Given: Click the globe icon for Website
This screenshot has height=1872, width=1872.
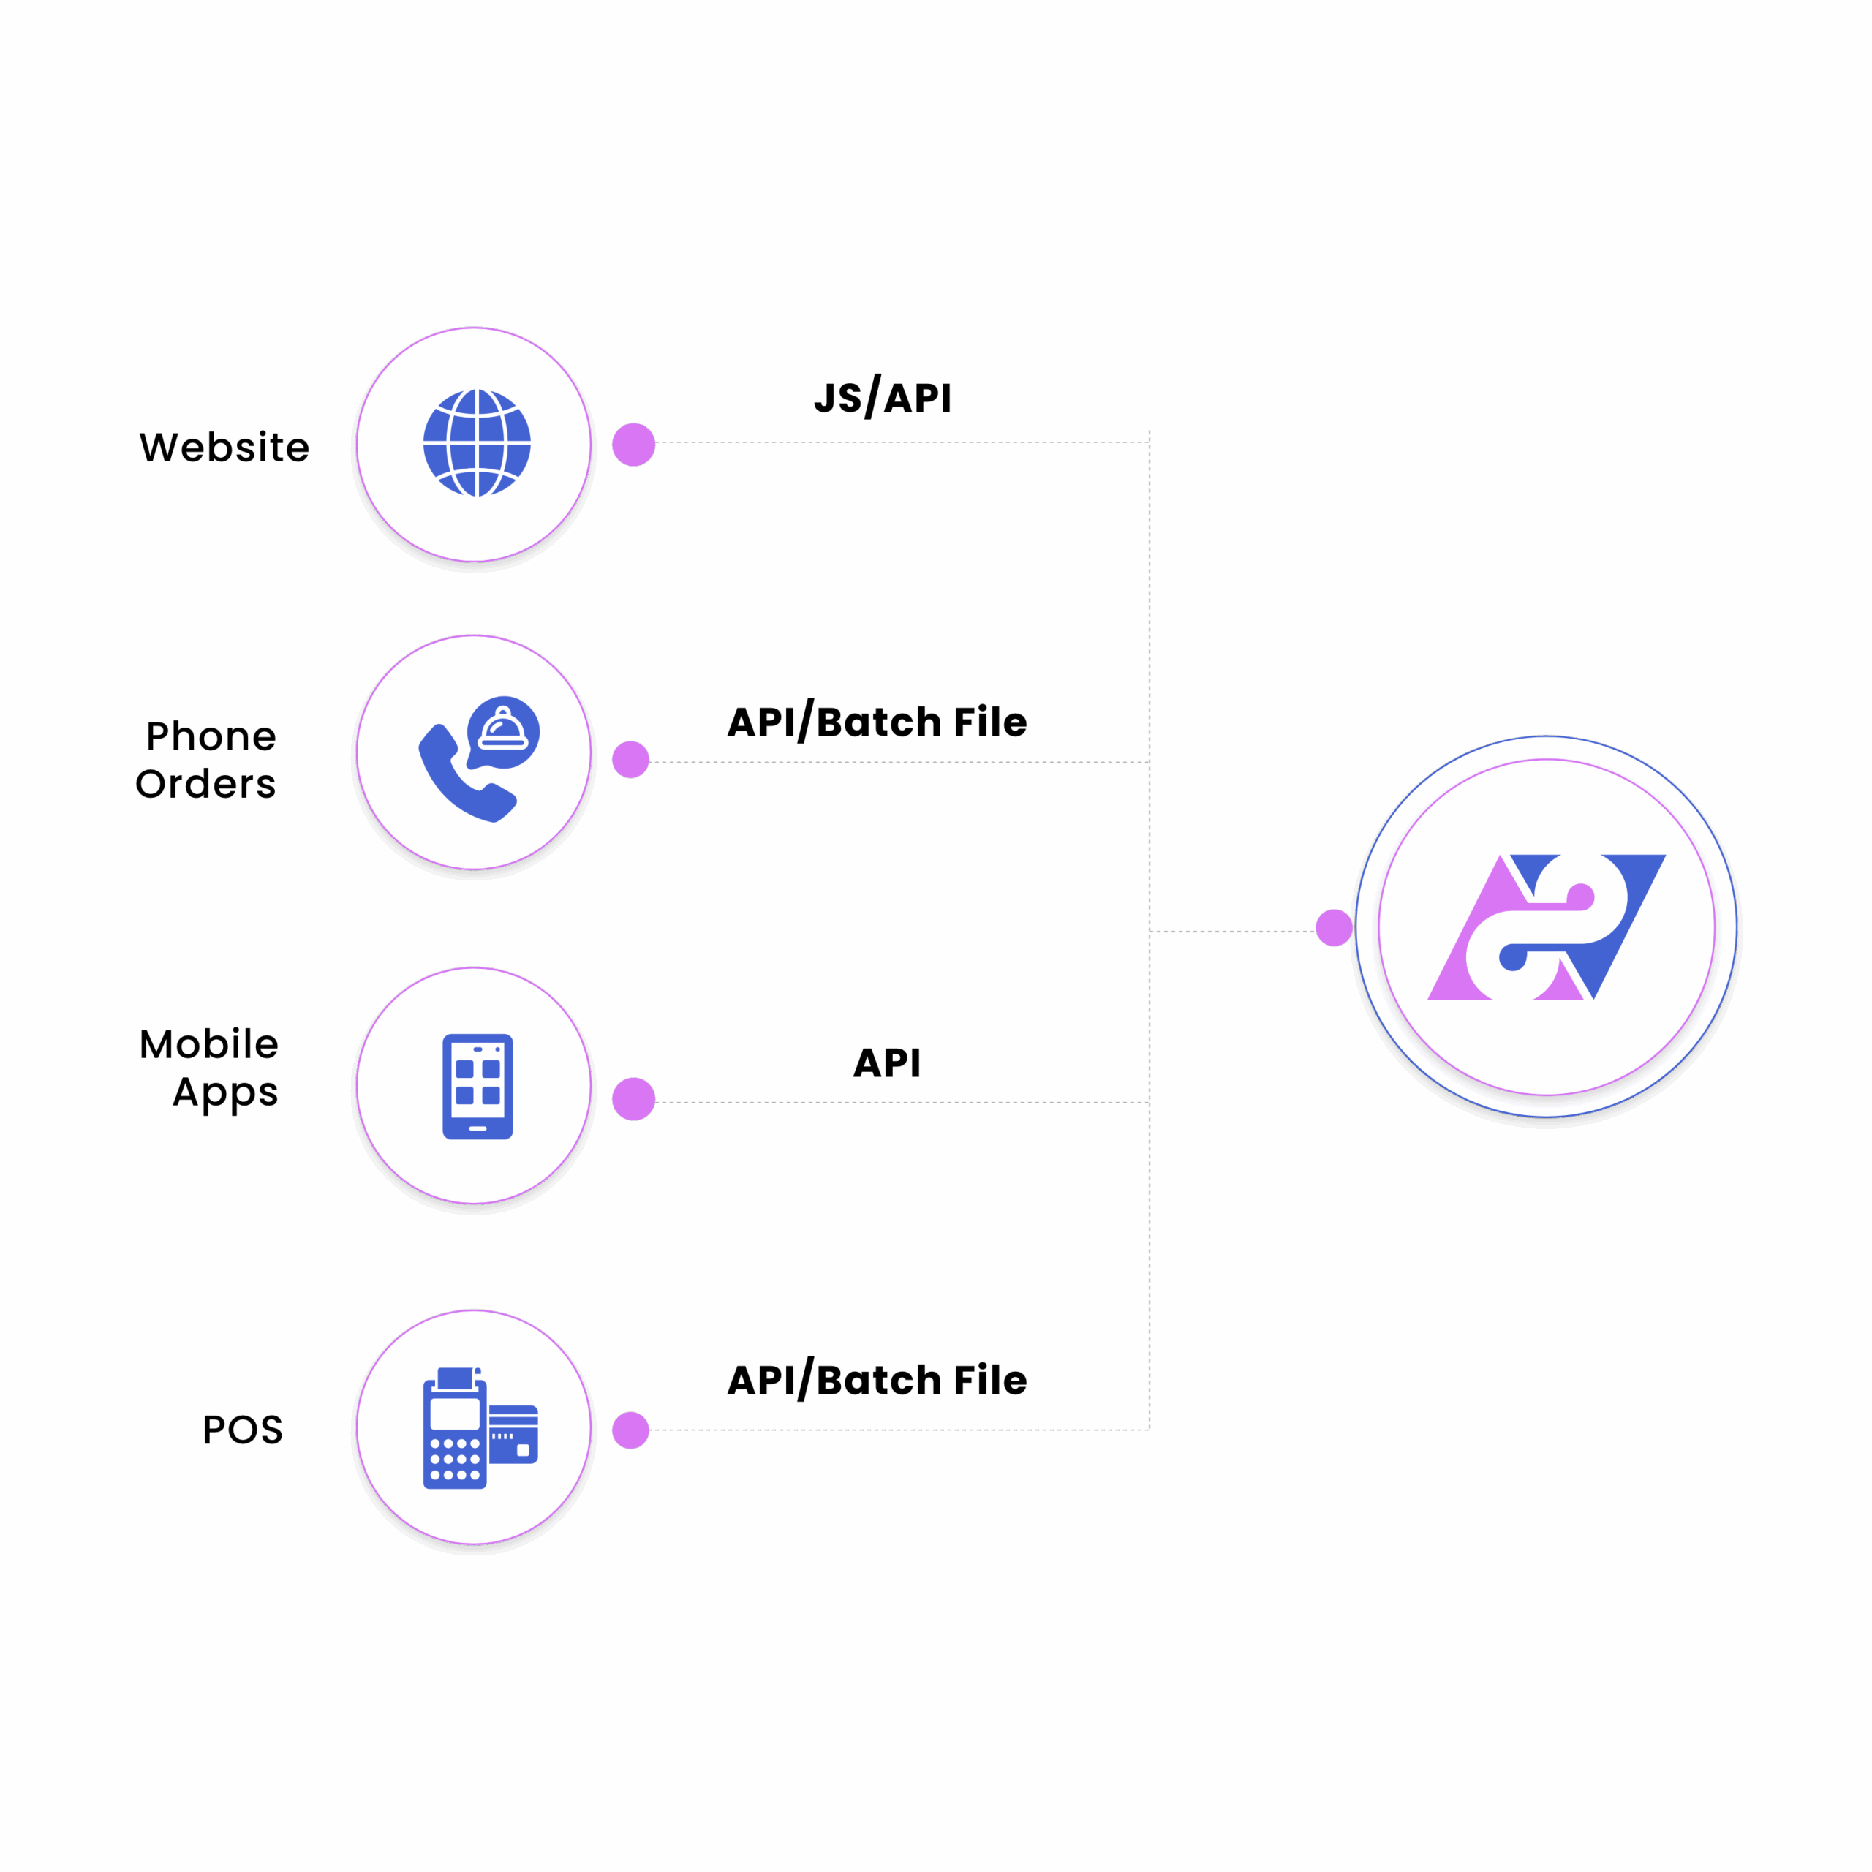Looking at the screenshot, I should click(477, 443).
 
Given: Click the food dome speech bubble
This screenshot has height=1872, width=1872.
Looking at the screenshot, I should click(503, 731).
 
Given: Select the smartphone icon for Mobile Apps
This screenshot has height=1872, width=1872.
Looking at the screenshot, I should click(478, 1086).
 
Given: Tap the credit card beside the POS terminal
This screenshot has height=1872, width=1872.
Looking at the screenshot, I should click(513, 1434).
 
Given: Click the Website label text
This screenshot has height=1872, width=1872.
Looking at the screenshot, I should click(224, 447).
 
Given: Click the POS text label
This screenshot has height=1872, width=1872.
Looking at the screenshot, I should click(242, 1429).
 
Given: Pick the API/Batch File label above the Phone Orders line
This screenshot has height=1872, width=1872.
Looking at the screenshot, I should click(877, 722).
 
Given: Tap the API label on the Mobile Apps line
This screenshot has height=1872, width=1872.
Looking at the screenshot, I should click(886, 1063).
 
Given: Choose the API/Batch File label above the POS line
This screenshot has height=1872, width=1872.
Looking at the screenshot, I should click(877, 1380).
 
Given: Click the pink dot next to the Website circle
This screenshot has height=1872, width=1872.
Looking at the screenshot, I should click(634, 445).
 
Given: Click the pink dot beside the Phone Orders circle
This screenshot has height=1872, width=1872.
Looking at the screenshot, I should click(631, 760).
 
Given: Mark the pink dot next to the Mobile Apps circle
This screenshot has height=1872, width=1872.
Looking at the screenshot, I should click(634, 1099).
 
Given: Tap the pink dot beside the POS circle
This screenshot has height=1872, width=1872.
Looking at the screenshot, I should click(631, 1430).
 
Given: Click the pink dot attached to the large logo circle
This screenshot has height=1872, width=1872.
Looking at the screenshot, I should click(1335, 927).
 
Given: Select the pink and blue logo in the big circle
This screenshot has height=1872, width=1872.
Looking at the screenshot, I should click(1547, 926).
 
